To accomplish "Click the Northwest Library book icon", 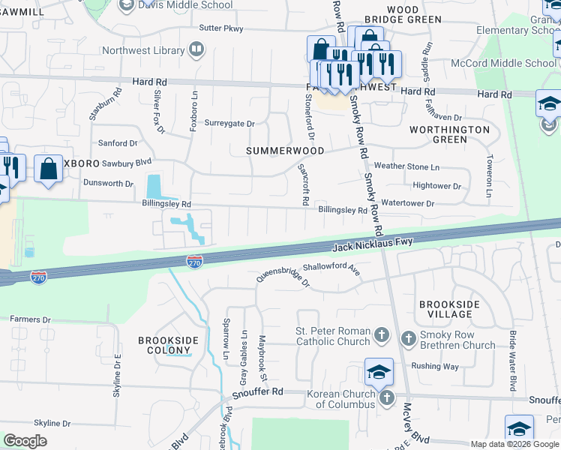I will tap(196, 50).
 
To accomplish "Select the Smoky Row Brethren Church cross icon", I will tap(409, 338).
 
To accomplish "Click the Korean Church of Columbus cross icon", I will tap(386, 397).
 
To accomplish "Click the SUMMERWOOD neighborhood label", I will tap(285, 151).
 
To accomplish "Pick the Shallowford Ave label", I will tap(332, 268).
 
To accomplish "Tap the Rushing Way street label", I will tap(435, 367).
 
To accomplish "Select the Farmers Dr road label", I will tap(30, 319).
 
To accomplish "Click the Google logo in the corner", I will tap(25, 441).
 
